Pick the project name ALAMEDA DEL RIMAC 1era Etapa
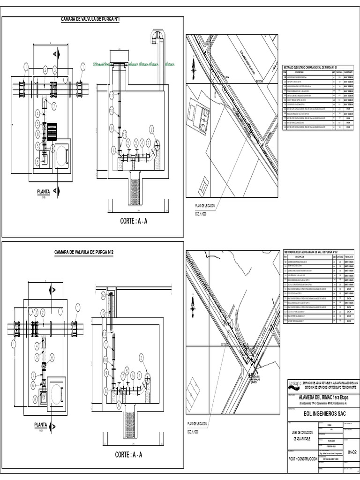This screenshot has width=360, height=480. pos(323,397)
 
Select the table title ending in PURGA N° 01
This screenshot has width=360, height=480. pos(317,68)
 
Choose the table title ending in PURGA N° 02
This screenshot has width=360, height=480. pos(317,252)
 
